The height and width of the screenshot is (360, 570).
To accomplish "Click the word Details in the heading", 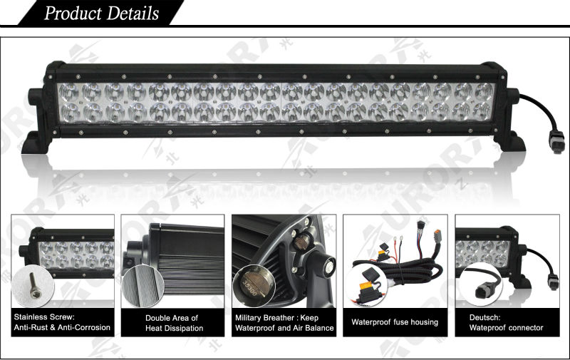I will tap(133, 14).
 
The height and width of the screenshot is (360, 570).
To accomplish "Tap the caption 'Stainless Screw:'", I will tap(43, 317).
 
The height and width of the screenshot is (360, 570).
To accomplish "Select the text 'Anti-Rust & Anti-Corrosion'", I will tap(62, 328).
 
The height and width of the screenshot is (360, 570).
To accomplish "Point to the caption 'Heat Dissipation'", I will tap(174, 329).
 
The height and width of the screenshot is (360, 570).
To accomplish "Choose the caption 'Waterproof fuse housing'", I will tap(395, 322).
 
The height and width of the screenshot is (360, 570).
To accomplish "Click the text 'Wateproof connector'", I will tap(506, 328).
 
